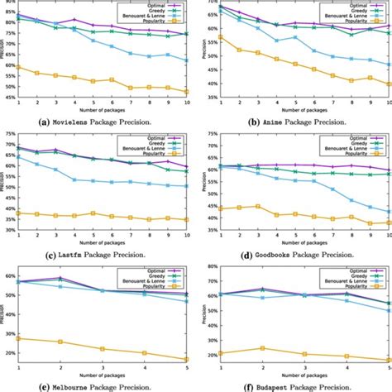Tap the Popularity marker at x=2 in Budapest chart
(262, 348)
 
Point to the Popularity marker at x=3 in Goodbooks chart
(258, 207)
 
